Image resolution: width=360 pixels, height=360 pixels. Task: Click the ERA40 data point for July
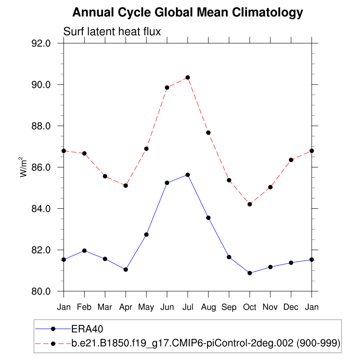188,175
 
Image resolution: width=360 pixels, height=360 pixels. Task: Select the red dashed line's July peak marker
188,77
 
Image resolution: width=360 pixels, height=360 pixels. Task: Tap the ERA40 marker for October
250,273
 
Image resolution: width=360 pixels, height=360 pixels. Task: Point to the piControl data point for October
250,204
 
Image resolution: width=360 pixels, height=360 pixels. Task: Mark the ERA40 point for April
126,270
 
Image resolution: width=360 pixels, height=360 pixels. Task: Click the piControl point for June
167,87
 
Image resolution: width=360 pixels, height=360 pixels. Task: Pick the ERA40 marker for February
84,251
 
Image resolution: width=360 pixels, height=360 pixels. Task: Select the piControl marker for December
291,160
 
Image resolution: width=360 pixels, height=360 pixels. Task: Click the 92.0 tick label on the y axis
47,44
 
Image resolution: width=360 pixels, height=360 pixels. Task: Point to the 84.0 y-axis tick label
47,209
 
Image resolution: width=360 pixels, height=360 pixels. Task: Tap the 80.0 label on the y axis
47,292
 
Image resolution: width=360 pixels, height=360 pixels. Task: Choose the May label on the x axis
146,307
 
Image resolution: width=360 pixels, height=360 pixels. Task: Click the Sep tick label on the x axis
229,307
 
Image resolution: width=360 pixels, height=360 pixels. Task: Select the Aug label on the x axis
208,307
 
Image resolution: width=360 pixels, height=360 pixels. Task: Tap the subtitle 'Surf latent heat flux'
112,31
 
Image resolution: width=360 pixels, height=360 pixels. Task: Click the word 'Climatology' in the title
268,13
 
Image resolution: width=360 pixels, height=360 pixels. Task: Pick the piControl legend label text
206,343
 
